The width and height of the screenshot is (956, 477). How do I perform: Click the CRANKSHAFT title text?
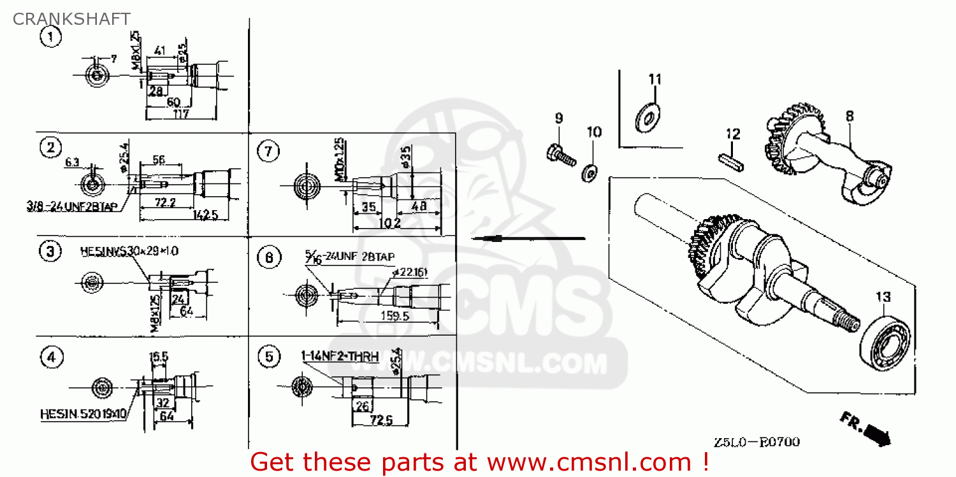pos(71,19)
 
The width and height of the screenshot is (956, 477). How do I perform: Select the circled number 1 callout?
pos(51,37)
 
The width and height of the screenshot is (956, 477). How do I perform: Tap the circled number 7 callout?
pos(268,152)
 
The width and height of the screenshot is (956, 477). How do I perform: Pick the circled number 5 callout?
pos(269,357)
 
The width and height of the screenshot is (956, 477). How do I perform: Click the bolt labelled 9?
pos(560,155)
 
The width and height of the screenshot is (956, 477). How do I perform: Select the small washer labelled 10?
pos(590,172)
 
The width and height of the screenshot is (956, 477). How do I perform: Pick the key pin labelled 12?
pos(730,161)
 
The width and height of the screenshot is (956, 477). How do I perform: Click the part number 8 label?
pos(850,117)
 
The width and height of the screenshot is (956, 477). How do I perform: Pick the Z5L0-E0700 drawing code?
pos(757,441)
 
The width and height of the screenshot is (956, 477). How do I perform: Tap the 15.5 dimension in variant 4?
pos(158,357)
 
